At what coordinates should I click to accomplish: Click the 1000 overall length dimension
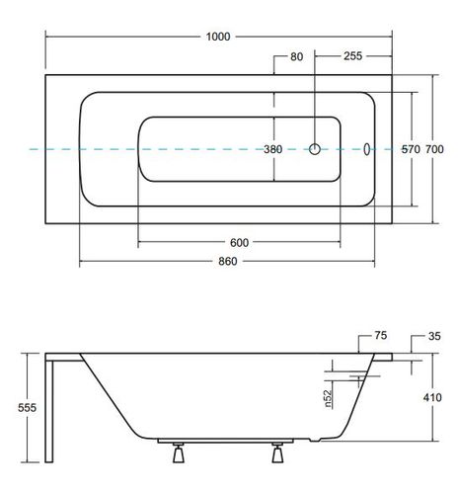(218, 37)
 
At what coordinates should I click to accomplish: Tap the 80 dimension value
(296, 56)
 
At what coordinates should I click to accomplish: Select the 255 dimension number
(352, 56)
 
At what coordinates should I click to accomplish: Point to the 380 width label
(273, 149)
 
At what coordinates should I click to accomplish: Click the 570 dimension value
(411, 149)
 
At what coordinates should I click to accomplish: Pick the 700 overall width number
(434, 149)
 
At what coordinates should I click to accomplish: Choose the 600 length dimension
(239, 243)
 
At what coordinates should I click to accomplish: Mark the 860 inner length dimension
(228, 261)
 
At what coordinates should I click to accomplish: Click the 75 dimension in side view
(380, 336)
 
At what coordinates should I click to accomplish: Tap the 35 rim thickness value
(434, 336)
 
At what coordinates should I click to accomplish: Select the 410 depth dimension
(432, 397)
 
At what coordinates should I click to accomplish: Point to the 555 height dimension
(27, 408)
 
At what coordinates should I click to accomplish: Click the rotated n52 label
(328, 399)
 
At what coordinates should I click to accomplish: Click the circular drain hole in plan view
(315, 149)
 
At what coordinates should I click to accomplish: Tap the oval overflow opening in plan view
(366, 149)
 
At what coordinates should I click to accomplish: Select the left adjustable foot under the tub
(178, 453)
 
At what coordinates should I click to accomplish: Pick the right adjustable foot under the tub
(277, 453)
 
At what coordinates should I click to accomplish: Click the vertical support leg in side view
(49, 412)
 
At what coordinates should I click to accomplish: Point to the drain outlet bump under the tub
(315, 440)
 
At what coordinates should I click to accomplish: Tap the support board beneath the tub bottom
(225, 441)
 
